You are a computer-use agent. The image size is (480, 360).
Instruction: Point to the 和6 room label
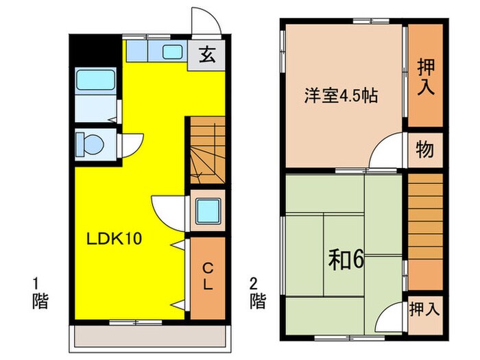pos(348,259)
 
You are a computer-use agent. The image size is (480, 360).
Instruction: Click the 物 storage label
pos(424,150)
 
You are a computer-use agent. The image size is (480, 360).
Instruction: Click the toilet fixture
pos(89,145)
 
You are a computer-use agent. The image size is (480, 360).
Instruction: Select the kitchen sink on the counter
pos(171,51)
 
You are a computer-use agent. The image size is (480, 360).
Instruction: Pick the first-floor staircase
pos(206,151)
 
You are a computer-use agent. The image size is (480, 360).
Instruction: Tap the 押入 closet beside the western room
pos(425,76)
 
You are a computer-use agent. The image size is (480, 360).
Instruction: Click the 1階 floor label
pos(40,292)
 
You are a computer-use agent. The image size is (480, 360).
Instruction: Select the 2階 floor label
pos(257,292)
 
